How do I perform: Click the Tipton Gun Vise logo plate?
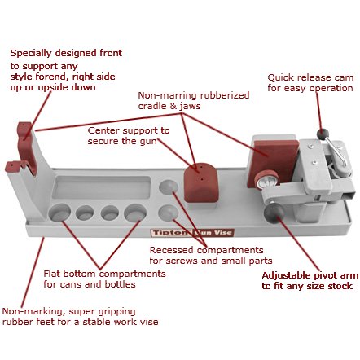[192, 233]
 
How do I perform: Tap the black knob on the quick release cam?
[323, 134]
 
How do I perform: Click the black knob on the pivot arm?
[274, 213]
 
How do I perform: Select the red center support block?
[201, 182]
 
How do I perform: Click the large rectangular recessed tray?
[102, 187]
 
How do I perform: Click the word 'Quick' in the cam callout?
[280, 78]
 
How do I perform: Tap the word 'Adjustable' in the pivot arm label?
[286, 275]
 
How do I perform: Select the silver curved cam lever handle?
[336, 152]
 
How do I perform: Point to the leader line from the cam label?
[318, 111]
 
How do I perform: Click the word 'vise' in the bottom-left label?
[149, 322]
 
